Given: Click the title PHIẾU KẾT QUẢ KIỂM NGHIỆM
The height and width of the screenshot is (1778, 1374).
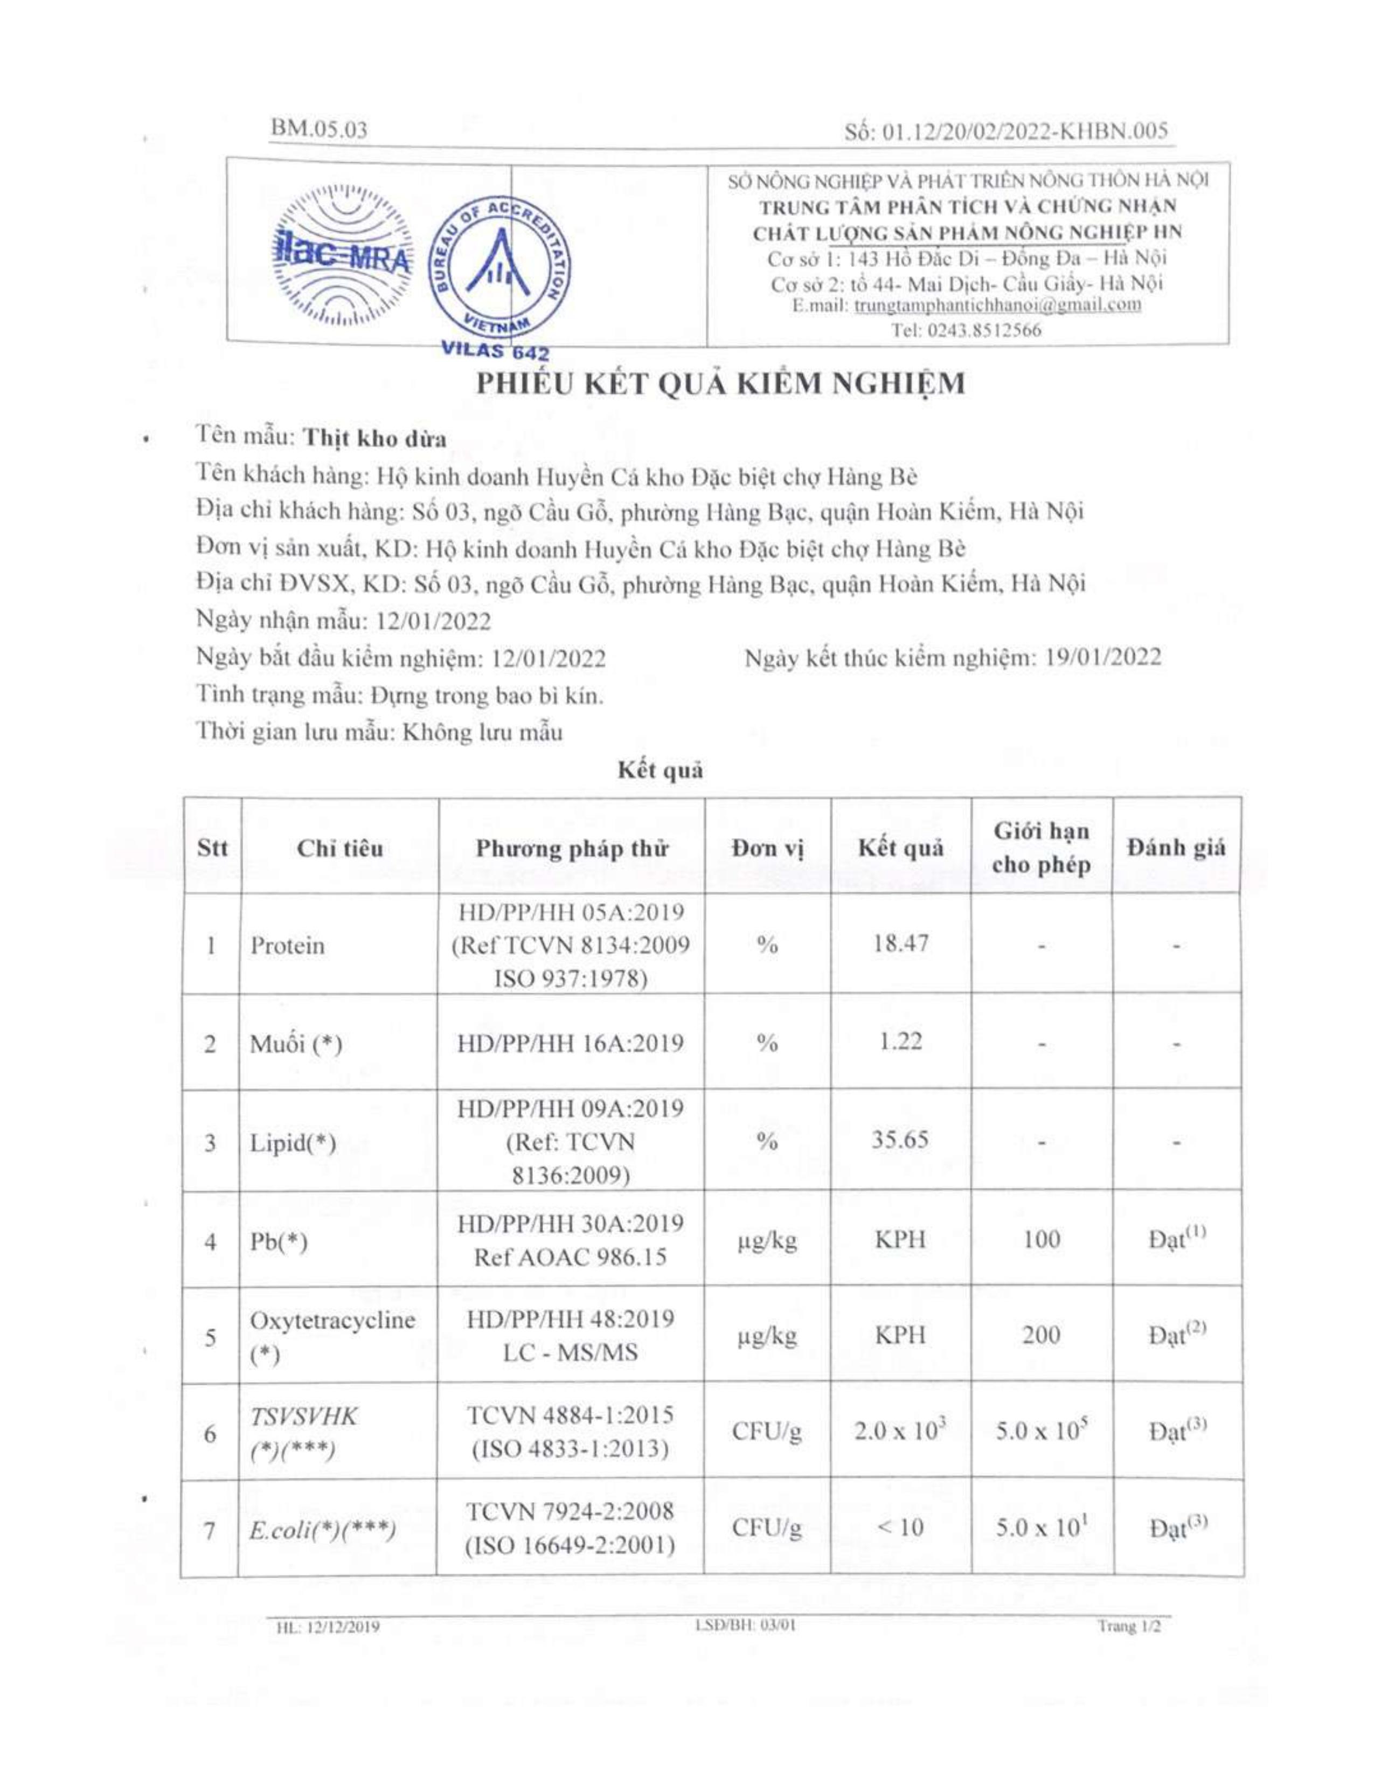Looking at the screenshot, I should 720,383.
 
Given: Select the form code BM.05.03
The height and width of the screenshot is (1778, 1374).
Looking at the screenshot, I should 320,129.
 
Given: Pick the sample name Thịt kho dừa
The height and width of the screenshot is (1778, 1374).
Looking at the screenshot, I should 375,438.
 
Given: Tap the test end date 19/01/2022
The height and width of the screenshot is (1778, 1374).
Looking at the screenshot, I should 1103,657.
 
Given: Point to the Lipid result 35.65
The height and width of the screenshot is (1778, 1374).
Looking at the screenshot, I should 900,1139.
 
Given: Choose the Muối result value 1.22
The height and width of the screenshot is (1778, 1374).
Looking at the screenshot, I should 900,1041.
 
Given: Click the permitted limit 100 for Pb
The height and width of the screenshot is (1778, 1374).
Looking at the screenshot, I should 1041,1239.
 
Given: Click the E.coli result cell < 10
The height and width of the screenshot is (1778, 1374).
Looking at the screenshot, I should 900,1527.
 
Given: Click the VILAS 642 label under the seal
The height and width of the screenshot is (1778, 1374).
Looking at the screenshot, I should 495,352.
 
